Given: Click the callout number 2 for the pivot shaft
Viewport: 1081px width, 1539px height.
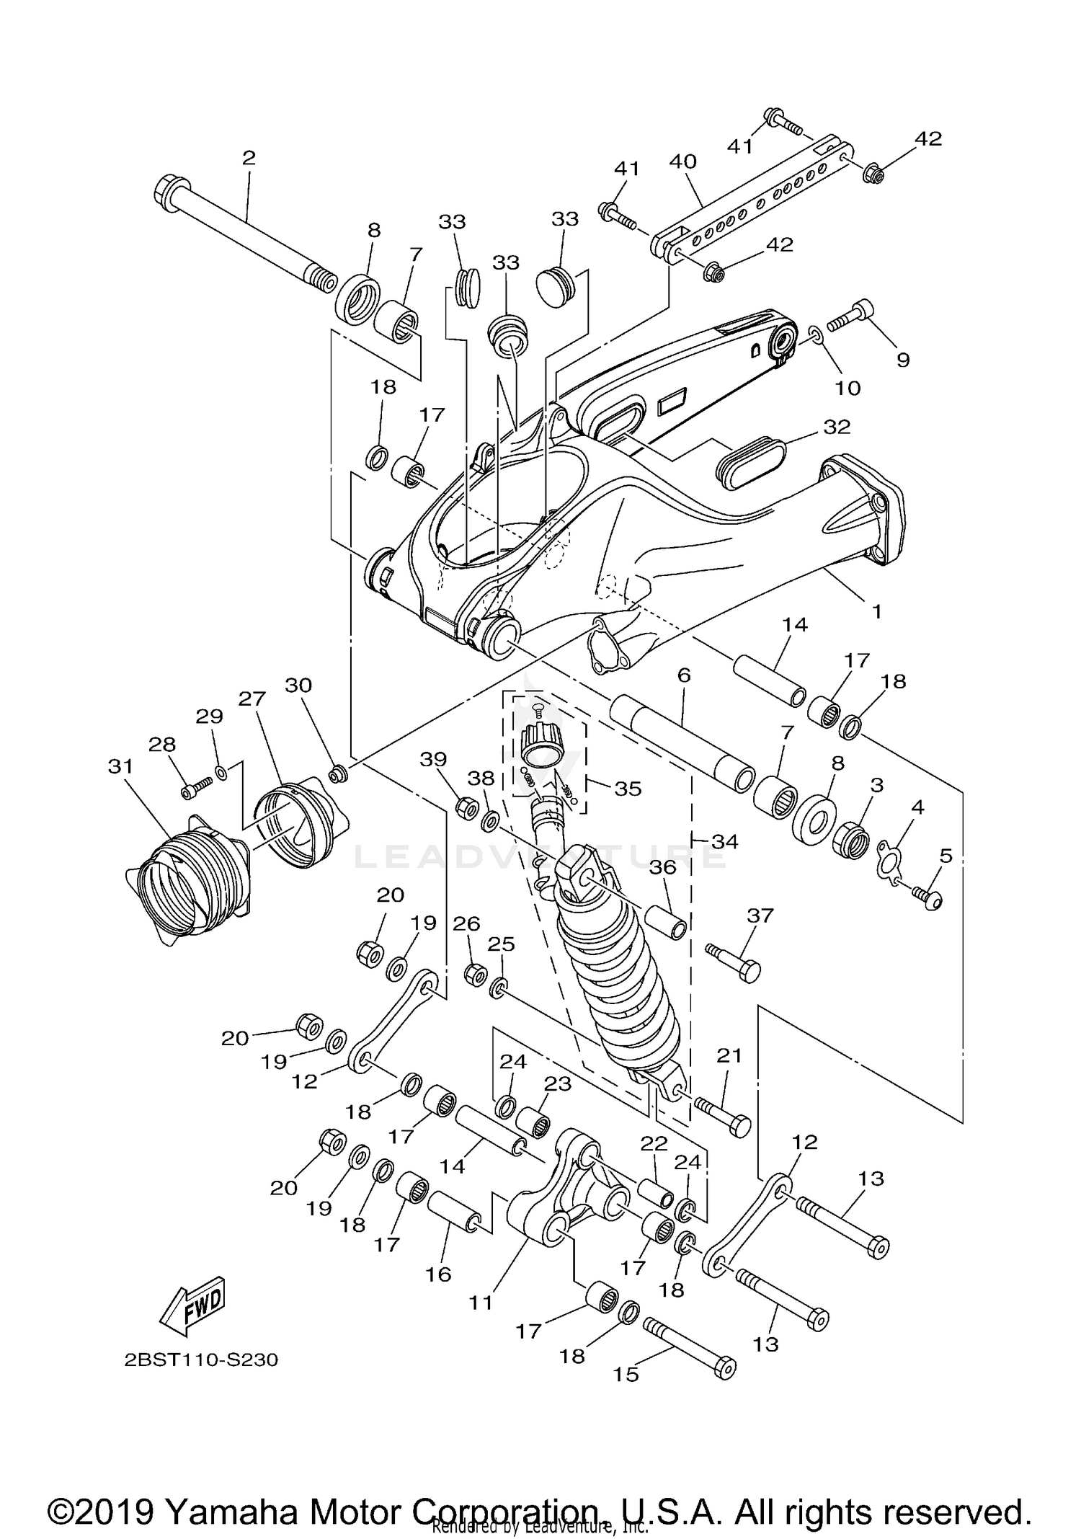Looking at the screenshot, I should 249,158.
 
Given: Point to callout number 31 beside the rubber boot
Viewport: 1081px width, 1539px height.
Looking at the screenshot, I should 120,766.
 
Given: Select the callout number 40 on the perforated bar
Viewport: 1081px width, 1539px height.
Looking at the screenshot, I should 682,161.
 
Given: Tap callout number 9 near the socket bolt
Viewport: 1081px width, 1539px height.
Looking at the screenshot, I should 902,360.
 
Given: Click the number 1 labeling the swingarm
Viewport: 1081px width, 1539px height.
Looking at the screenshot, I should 876,611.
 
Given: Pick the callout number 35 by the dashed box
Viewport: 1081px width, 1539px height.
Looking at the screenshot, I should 627,789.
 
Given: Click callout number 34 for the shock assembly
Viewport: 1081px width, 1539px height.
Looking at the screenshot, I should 724,841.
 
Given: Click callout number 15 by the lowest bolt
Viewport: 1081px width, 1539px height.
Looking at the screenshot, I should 626,1374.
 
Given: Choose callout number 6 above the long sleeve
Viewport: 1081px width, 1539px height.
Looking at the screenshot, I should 684,675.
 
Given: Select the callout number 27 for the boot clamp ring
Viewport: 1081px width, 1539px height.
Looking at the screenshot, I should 253,698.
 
